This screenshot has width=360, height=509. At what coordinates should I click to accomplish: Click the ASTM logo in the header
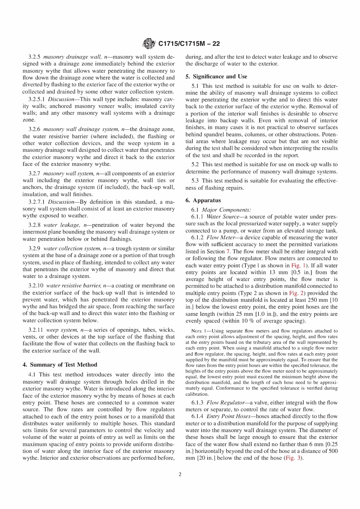coord(149,44)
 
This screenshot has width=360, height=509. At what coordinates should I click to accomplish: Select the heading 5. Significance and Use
coord(216,77)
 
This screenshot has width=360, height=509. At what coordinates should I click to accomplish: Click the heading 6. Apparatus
coord(203,200)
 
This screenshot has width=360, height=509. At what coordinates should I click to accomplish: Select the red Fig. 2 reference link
coord(296,293)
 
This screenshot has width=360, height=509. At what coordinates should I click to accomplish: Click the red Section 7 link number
coord(228,251)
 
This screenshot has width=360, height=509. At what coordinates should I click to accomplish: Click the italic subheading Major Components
coord(226,210)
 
